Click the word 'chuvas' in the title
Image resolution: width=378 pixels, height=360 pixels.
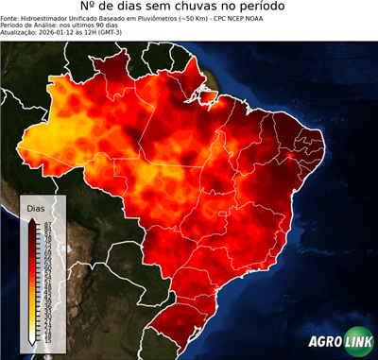click(211, 9)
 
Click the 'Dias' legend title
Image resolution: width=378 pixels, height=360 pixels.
click(35, 207)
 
